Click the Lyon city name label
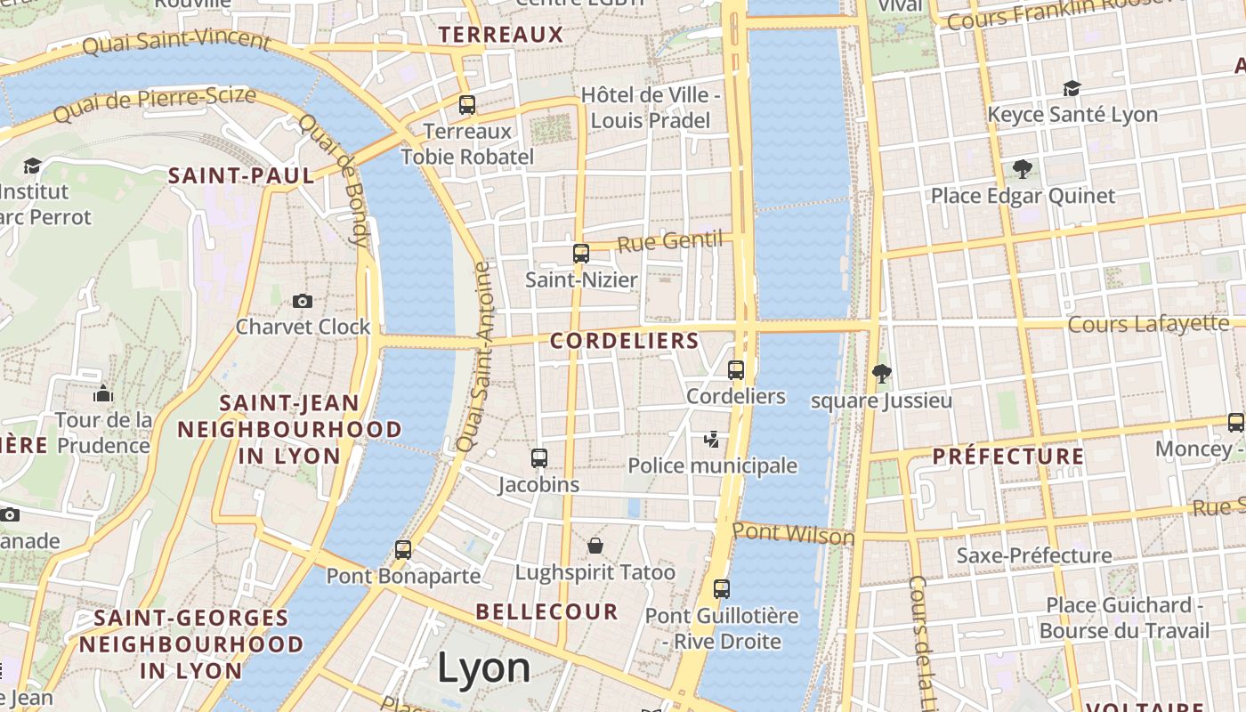(x=484, y=668)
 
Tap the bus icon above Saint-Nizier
(x=581, y=254)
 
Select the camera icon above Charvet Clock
(x=303, y=301)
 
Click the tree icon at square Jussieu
(x=881, y=374)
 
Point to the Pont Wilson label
(x=793, y=534)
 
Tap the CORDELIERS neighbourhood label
(x=625, y=341)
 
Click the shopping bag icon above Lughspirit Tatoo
(x=595, y=545)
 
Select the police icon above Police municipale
(x=711, y=439)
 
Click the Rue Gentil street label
(x=669, y=241)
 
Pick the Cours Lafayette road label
(x=1148, y=324)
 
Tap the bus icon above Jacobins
(x=538, y=458)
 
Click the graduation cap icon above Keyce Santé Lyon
(x=1072, y=88)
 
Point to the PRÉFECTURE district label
(x=1008, y=457)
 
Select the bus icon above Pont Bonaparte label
(x=403, y=549)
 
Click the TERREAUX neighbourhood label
(x=502, y=35)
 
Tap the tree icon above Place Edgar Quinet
(x=1023, y=168)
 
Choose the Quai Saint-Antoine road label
(x=474, y=356)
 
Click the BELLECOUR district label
(x=546, y=611)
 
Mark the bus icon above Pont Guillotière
(x=721, y=588)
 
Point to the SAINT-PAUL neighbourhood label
(x=242, y=175)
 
